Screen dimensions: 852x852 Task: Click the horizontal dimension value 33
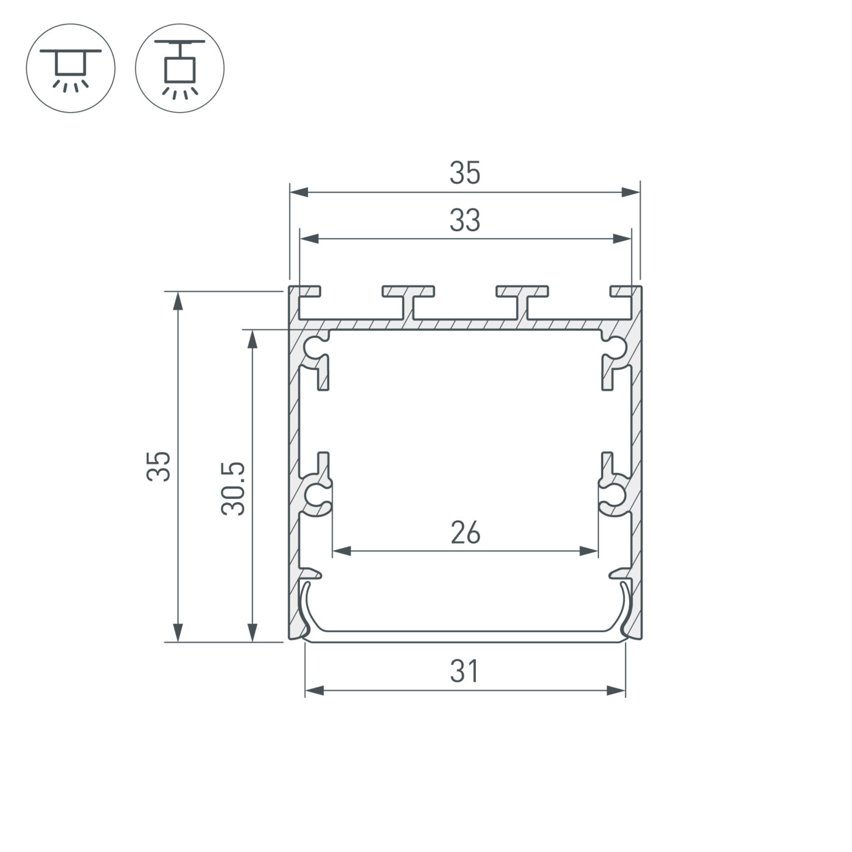coord(465,221)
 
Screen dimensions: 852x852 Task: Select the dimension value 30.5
coord(233,489)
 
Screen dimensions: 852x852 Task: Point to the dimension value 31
coord(465,672)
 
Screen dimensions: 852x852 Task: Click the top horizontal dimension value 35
coord(465,173)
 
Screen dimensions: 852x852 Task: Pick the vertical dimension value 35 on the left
coord(158,467)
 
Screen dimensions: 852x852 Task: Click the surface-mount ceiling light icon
coord(71,68)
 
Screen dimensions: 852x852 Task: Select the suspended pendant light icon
coord(180,68)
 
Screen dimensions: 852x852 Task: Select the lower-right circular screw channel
coord(615,495)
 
